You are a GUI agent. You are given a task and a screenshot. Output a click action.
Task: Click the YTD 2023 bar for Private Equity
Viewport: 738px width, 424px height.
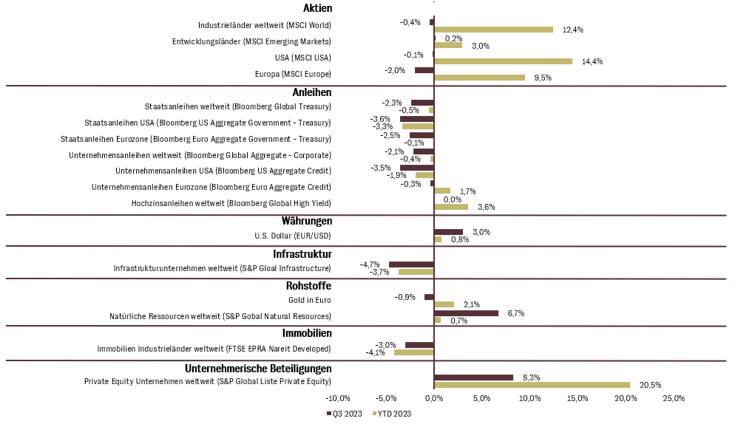pos(532,385)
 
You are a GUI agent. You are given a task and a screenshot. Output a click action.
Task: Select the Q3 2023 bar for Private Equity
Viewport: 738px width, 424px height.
pos(473,377)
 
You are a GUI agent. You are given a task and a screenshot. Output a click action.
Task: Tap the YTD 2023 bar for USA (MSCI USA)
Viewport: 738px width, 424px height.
pos(503,61)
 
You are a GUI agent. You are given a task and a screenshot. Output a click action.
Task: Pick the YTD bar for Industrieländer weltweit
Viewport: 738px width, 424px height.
pos(493,30)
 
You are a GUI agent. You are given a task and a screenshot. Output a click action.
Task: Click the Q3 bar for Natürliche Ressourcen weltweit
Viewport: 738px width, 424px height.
pos(466,312)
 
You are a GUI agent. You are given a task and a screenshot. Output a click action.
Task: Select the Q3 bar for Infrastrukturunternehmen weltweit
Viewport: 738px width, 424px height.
pos(411,264)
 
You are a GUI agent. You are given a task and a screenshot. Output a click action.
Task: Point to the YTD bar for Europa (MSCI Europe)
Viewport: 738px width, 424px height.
pos(479,78)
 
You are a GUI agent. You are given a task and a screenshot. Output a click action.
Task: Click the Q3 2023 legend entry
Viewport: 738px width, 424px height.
pos(345,414)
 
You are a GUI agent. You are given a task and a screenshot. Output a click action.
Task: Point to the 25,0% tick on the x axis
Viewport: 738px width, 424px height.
pos(674,399)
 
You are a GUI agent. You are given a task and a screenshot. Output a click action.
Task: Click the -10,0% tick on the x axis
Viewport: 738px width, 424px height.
pos(338,399)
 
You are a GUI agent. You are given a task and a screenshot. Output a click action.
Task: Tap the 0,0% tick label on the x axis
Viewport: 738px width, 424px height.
pos(433,399)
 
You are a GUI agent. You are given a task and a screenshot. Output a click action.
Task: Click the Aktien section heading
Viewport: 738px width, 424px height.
pos(318,8)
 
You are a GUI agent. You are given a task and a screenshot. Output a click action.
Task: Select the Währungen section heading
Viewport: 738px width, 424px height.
pos(307,220)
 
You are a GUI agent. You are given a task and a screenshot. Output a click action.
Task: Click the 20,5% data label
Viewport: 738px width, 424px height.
pos(650,385)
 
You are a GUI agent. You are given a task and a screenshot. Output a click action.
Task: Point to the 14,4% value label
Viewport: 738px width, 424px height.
pos(592,61)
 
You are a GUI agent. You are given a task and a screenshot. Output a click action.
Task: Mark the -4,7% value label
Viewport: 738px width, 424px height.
pos(370,264)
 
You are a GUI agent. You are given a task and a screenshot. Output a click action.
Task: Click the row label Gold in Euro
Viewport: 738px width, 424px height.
pos(309,300)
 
